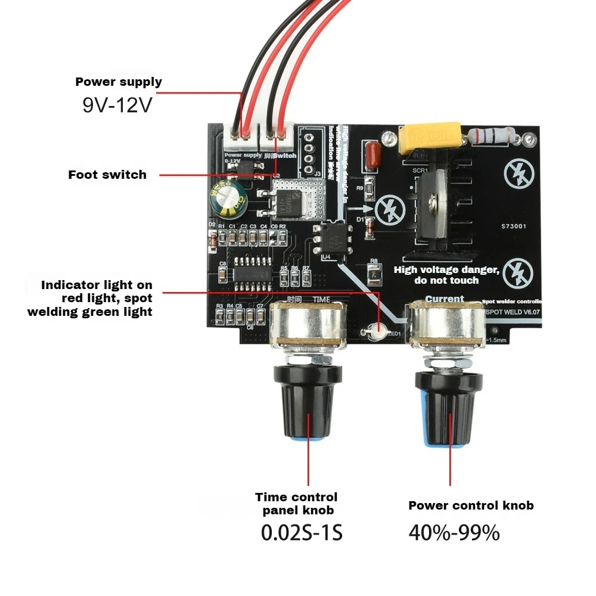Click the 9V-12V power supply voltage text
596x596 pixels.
117,105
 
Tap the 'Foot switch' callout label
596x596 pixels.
107,175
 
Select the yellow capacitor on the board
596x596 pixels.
429,136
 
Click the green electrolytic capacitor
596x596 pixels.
226,200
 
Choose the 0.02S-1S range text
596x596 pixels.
302,532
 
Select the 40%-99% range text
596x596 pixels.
454,532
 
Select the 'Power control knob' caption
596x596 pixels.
471,505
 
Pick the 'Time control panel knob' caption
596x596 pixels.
296,504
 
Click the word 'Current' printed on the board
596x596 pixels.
444,299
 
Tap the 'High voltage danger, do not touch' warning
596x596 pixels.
446,275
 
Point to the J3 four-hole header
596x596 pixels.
309,153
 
